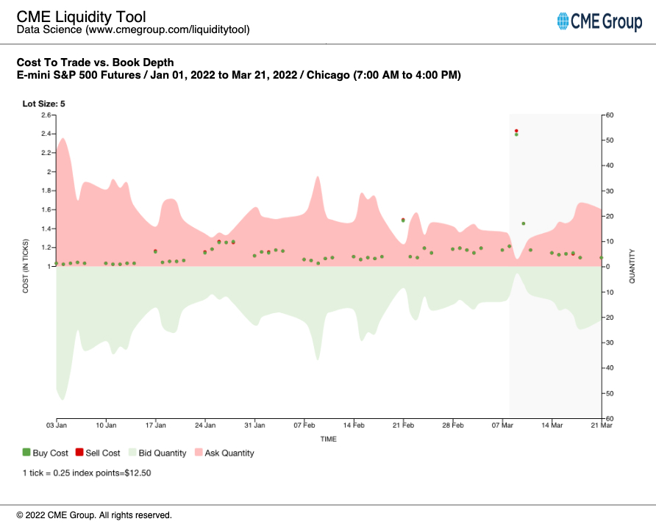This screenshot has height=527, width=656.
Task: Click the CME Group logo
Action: pyautogui.click(x=599, y=22)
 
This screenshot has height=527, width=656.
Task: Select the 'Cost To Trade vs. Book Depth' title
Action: pyautogui.click(x=95, y=62)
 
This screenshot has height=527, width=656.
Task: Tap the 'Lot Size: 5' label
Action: pyautogui.click(x=43, y=104)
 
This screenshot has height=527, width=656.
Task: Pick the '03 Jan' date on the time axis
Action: pyautogui.click(x=56, y=425)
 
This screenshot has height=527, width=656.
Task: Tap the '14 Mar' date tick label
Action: pyautogui.click(x=552, y=425)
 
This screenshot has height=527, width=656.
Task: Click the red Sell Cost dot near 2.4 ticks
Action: pyautogui.click(x=516, y=131)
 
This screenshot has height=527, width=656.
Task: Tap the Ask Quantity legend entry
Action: pyautogui.click(x=224, y=453)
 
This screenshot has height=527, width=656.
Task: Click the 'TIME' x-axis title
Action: pyautogui.click(x=328, y=439)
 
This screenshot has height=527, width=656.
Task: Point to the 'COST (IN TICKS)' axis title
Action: pyautogui.click(x=26, y=267)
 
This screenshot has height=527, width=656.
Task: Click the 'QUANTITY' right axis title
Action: pyautogui.click(x=632, y=266)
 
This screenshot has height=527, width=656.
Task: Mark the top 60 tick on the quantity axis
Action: pyautogui.click(x=610, y=115)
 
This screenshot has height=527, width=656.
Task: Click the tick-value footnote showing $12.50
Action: pyautogui.click(x=87, y=473)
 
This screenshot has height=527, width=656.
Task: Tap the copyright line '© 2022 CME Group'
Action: pyautogui.click(x=94, y=515)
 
